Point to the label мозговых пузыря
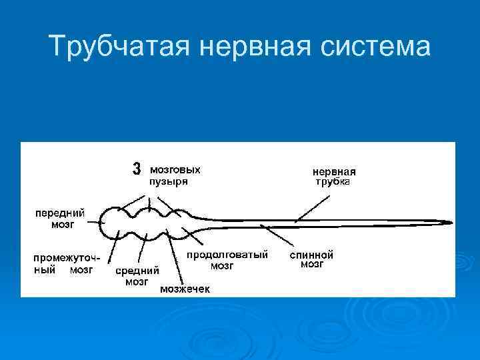tap(175, 175)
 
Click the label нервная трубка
tap(334, 176)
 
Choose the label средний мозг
tap(137, 276)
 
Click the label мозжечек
tap(185, 289)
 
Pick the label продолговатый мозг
tap(227, 260)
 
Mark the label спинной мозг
tap(311, 259)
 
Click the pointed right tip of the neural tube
tap(451, 223)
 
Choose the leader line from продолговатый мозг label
tap(197, 239)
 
